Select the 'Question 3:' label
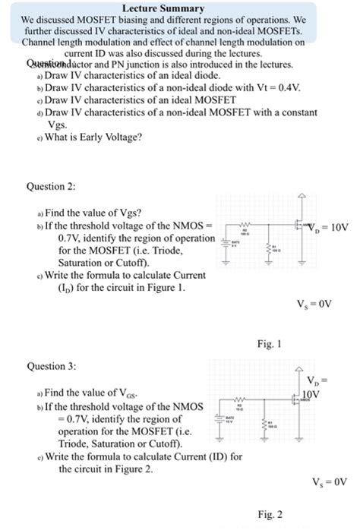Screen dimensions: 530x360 (52, 365)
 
